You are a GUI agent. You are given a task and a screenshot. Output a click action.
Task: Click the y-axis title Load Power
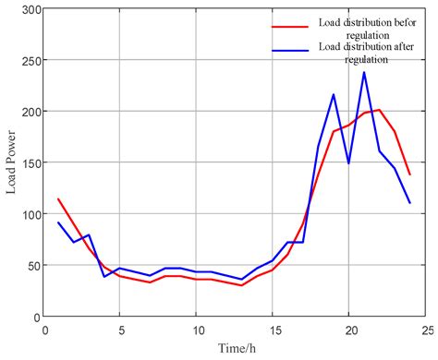11,162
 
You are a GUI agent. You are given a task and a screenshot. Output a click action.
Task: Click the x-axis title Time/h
235,350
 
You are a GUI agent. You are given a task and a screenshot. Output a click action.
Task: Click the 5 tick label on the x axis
120,329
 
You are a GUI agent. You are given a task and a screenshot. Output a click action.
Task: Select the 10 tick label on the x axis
197,329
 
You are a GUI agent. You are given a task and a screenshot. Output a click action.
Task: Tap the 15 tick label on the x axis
273,329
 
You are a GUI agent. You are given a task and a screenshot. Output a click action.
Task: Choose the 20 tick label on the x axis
349,329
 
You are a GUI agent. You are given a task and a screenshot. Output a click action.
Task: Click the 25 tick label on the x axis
425,329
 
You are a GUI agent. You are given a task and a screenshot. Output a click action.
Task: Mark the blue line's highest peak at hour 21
364,72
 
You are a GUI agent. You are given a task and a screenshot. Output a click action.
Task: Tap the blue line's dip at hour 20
349,163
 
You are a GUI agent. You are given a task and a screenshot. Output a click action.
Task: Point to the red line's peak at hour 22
379,110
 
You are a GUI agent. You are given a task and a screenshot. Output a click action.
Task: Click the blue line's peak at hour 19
334,94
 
